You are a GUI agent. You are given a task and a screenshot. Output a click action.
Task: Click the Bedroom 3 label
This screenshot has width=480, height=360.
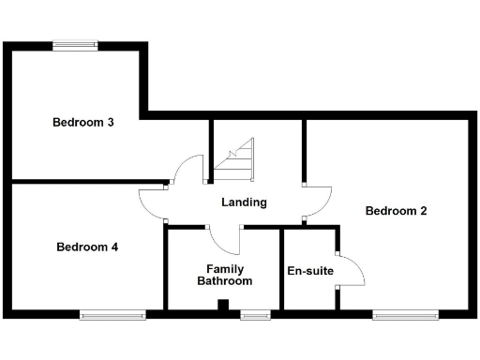tap(83, 122)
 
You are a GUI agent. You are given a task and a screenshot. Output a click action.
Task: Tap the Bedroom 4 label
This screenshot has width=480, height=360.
tap(87, 247)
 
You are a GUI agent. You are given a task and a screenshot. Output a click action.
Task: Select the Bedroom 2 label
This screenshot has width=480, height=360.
tap(396, 211)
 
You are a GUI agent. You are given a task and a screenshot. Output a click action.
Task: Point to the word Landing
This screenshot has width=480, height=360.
tap(244, 202)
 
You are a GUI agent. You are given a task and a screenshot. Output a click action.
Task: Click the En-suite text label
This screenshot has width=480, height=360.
tap(309, 271)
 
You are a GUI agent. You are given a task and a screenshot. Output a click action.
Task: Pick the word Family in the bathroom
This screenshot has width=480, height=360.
tap(223, 268)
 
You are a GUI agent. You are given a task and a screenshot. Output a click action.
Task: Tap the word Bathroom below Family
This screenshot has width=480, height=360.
tap(223, 281)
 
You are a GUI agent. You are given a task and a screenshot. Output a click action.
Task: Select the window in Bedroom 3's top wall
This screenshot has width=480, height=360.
tap(75, 43)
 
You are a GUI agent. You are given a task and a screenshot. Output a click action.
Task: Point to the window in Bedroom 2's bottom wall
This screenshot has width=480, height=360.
tap(405, 316)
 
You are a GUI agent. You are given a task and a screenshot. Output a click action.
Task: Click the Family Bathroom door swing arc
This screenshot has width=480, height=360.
tap(225, 240)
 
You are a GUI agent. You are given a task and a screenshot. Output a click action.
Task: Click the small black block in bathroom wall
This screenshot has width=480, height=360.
tap(222, 304)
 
